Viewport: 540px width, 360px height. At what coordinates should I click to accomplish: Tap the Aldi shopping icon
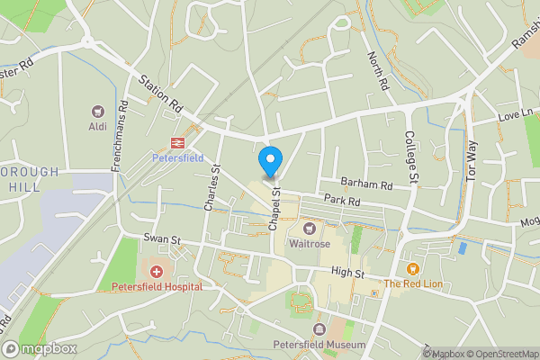[x=97, y=112]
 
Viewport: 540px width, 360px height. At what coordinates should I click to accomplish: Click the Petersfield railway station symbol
[x=177, y=142]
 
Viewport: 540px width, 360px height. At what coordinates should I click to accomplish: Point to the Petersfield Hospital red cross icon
[x=157, y=272]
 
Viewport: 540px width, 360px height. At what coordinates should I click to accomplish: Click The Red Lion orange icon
[x=413, y=269]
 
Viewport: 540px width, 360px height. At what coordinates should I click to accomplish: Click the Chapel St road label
[x=274, y=210]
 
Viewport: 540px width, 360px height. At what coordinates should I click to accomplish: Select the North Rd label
[x=376, y=70]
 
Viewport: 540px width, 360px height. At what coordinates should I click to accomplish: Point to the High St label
[x=346, y=273]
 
